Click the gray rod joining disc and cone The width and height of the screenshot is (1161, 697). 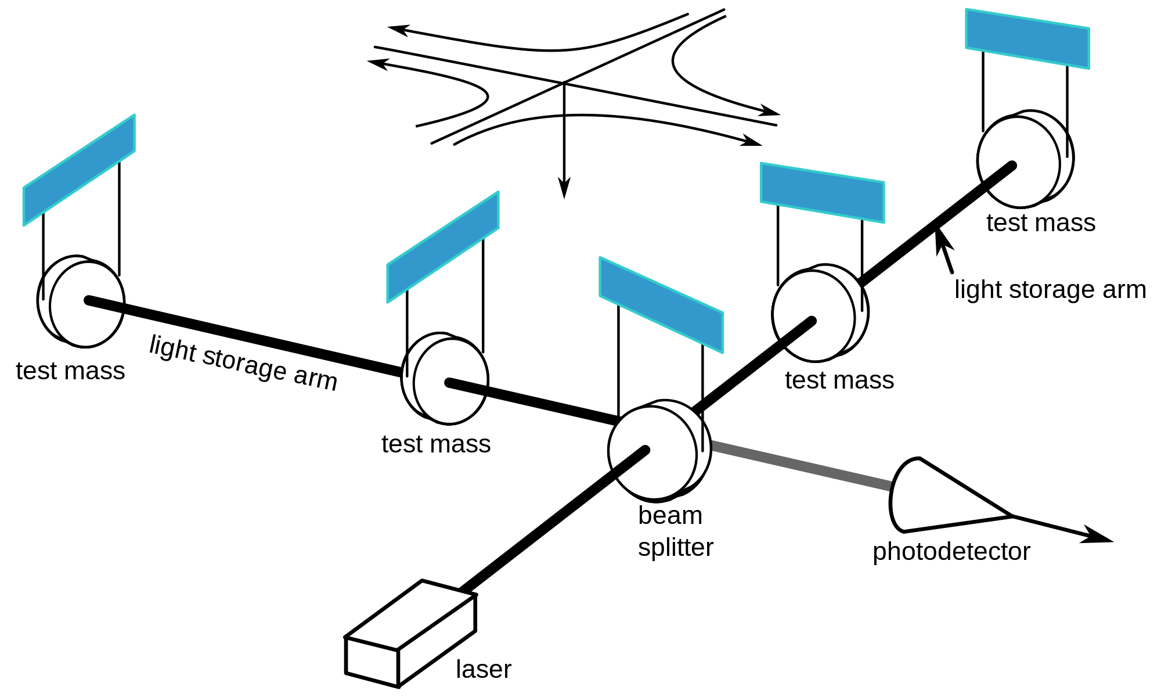tap(801, 465)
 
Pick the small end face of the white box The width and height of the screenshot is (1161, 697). tap(373, 661)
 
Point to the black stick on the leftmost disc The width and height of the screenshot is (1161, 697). tap(104, 304)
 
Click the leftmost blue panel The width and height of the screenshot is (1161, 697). tap(79, 170)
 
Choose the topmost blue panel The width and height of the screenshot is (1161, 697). tap(1027, 38)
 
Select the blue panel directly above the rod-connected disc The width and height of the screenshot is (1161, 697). tap(661, 304)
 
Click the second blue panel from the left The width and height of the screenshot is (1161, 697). tap(443, 247)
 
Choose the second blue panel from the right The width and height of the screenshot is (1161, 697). tap(822, 193)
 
